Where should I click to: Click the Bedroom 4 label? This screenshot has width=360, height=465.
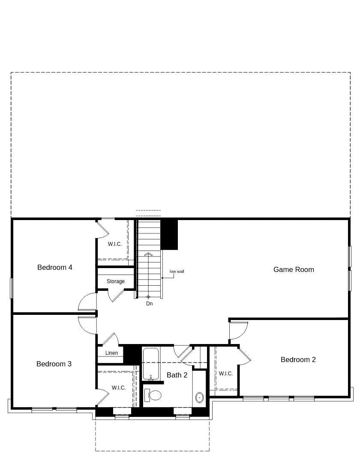(55, 267)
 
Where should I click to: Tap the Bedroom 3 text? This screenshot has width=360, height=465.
(54, 364)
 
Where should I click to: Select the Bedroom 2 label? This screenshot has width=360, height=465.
(298, 359)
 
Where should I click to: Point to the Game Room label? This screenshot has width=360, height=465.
(294, 269)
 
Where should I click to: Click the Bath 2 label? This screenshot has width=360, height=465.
(177, 375)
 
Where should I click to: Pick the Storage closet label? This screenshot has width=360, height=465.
(116, 281)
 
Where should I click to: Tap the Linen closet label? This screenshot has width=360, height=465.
(111, 353)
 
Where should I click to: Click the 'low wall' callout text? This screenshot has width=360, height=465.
(177, 271)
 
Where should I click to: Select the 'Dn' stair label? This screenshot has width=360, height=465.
(149, 303)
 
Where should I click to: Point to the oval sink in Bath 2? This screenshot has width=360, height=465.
(200, 397)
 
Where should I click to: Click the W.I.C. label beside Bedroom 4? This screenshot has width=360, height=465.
(115, 244)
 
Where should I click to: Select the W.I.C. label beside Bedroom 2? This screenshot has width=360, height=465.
(226, 374)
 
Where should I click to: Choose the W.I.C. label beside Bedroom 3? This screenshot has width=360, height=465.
(119, 388)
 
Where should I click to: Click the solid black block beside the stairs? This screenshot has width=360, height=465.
(169, 234)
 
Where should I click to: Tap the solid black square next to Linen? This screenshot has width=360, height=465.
(132, 354)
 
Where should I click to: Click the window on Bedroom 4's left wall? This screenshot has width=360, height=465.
(12, 288)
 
